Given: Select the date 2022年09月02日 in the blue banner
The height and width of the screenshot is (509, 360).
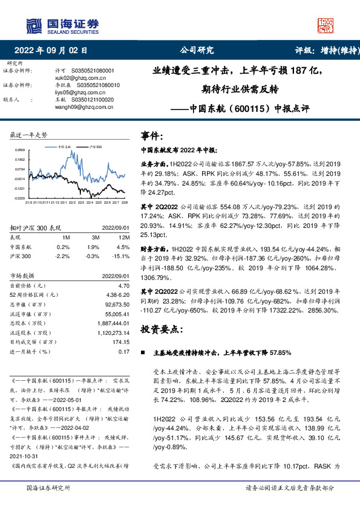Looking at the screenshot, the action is click(x=54, y=50).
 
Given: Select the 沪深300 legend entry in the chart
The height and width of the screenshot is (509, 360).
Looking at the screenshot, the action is click(x=95, y=146).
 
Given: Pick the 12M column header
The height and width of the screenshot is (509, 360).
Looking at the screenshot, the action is click(x=123, y=238).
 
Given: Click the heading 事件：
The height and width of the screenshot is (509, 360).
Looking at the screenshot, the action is click(x=152, y=135).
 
